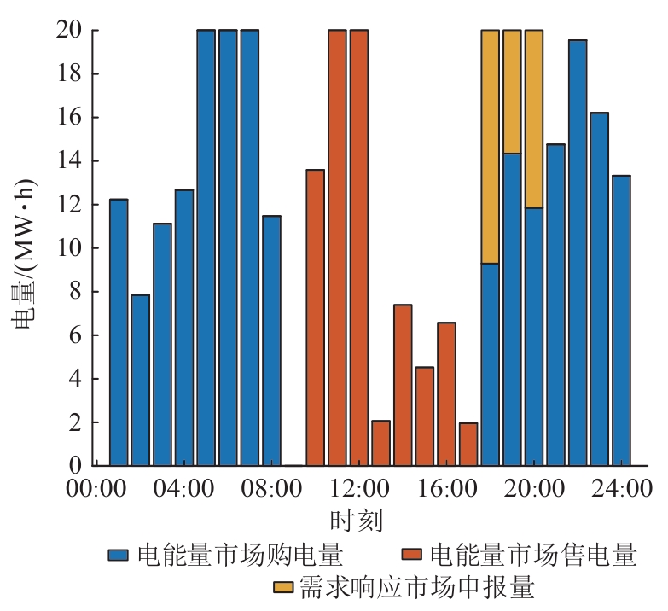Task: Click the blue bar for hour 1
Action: pos(119,333)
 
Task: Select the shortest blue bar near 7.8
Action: pos(141,381)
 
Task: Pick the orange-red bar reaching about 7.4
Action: pos(403,385)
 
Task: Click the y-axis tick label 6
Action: pos(74,335)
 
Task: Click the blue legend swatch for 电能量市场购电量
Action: pos(118,556)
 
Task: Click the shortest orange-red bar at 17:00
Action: pos(468,445)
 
